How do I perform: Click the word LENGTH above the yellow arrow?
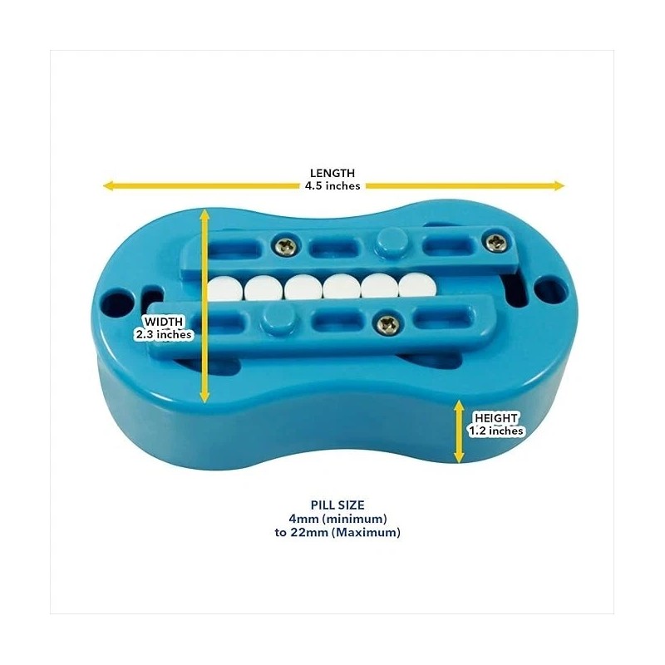pos(332,173)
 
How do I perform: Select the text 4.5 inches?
pos(332,185)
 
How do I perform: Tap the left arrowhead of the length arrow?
pos(109,185)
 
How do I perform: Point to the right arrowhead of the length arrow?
pos(559,185)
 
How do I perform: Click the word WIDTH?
pos(164,322)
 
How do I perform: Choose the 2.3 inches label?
pos(164,335)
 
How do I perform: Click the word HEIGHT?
pos(495,418)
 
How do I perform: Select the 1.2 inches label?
pos(495,431)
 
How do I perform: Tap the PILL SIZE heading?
pos(337,505)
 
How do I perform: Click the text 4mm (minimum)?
pos(337,519)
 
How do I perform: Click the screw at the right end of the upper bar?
pos(495,242)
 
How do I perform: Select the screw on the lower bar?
pos(387,324)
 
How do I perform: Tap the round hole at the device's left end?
pos(116,303)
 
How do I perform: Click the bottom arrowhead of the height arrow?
pos(459,458)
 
